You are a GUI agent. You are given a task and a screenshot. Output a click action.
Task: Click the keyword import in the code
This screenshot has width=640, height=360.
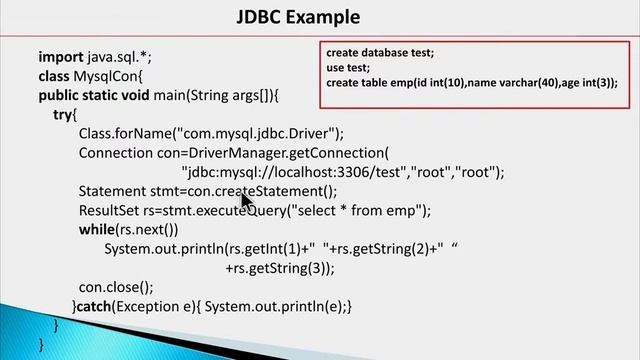[61, 57]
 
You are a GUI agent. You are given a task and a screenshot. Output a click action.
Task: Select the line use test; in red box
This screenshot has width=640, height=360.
[348, 68]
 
